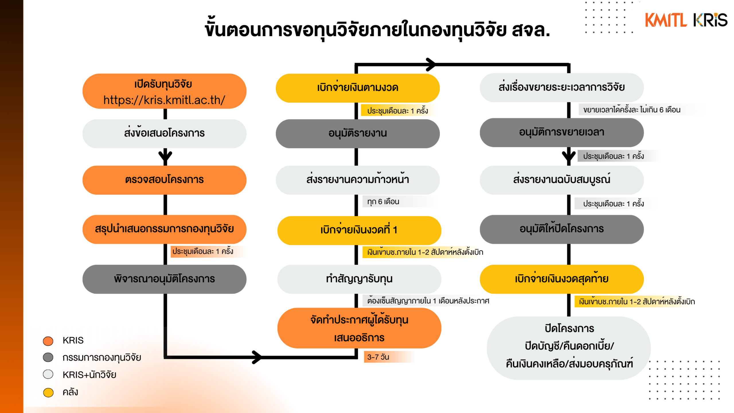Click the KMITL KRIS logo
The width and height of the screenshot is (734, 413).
pos(686,20)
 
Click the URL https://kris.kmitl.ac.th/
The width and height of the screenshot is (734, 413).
pos(164,100)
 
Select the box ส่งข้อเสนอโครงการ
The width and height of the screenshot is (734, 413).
pos(164,133)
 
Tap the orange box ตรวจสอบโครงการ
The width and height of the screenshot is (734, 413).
pos(164,180)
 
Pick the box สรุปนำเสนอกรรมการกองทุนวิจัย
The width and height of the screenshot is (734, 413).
pos(164,229)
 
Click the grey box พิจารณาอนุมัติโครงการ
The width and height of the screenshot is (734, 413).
pos(164,279)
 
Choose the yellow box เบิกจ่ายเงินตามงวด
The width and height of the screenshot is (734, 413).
pos(358,88)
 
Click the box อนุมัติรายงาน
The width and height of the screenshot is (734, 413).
pos(358,133)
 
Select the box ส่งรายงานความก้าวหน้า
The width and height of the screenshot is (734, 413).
pos(358,180)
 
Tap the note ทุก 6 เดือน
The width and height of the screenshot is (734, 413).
pos(383,202)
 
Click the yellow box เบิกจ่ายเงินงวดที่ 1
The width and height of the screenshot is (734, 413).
pos(359,230)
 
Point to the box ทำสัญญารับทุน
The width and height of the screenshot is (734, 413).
pos(359,279)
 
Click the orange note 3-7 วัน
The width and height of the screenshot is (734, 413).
pos(378,357)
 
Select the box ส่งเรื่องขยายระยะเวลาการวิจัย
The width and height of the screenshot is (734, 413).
pos(561,87)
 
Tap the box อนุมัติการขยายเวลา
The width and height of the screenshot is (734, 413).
pos(561,132)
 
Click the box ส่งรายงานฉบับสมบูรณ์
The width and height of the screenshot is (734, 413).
pos(561,180)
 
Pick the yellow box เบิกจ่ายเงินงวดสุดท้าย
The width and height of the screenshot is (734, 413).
pos(561,279)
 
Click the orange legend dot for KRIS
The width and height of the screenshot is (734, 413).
pos(48,341)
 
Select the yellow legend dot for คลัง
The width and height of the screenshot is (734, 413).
pos(48,392)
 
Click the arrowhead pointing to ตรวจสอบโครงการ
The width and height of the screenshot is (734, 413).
pos(165,157)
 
